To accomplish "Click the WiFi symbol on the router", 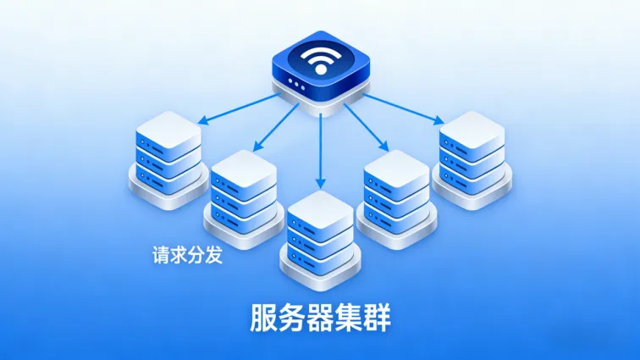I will point(320,59).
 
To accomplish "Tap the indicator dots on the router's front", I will point(297,83).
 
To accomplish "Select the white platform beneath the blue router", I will point(320,100).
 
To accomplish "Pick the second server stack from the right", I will point(395,195).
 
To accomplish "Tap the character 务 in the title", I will point(293,317).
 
